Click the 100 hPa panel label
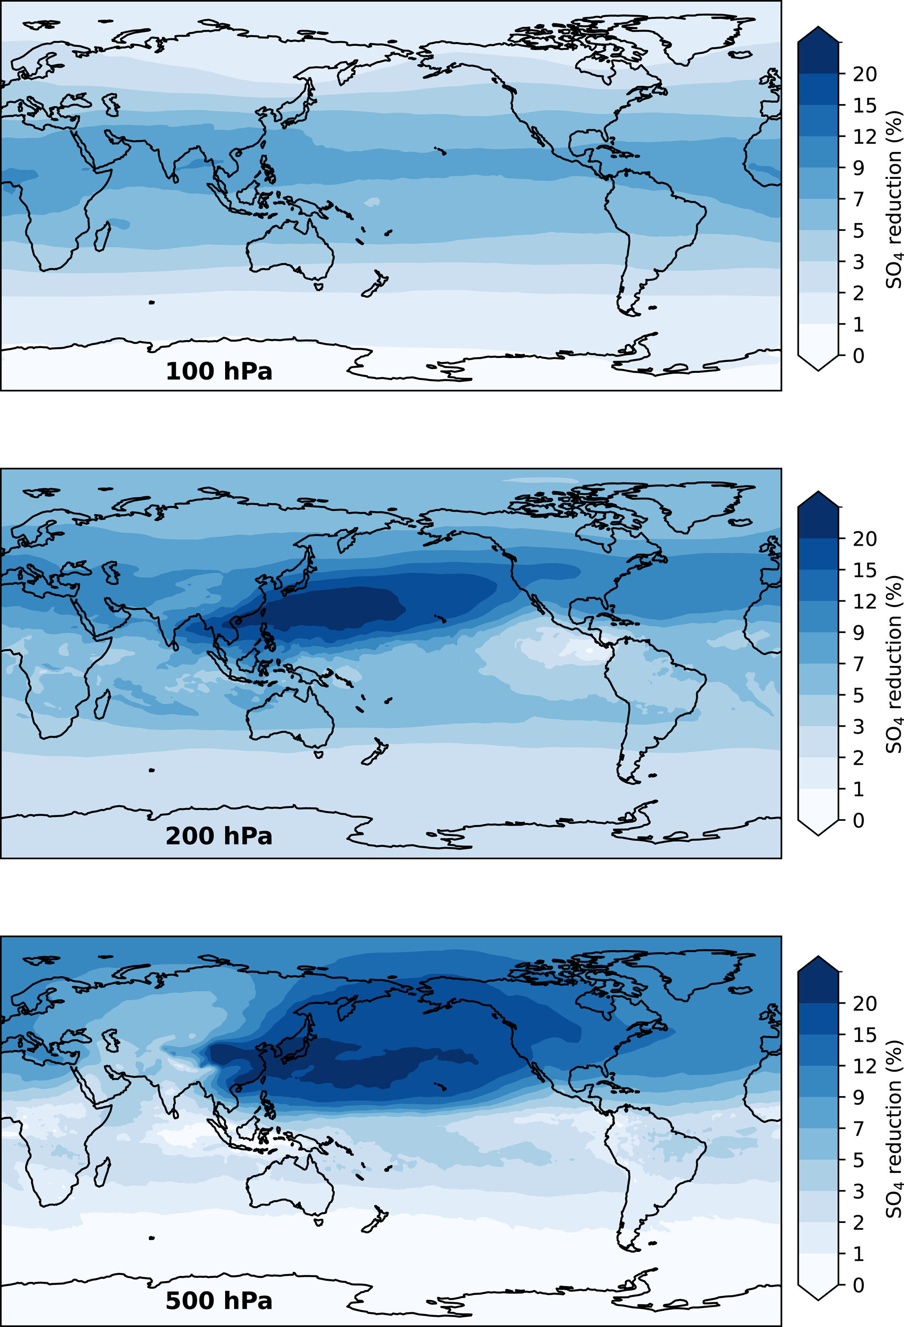[x=219, y=372]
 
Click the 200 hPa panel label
[x=219, y=837]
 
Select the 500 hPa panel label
[x=219, y=1301]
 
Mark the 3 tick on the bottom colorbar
[x=858, y=1191]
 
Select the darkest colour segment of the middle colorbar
[x=818, y=522]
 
